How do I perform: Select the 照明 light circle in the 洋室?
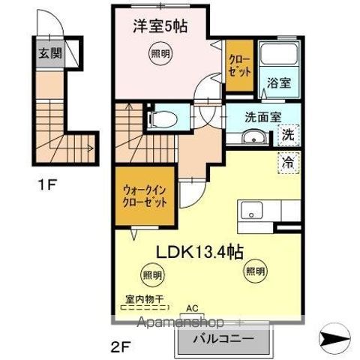157,53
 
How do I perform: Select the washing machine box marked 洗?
288,136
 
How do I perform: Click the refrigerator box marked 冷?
287,160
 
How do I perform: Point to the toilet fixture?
163,118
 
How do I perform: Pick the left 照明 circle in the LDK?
153,276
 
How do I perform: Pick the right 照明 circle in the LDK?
254,270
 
